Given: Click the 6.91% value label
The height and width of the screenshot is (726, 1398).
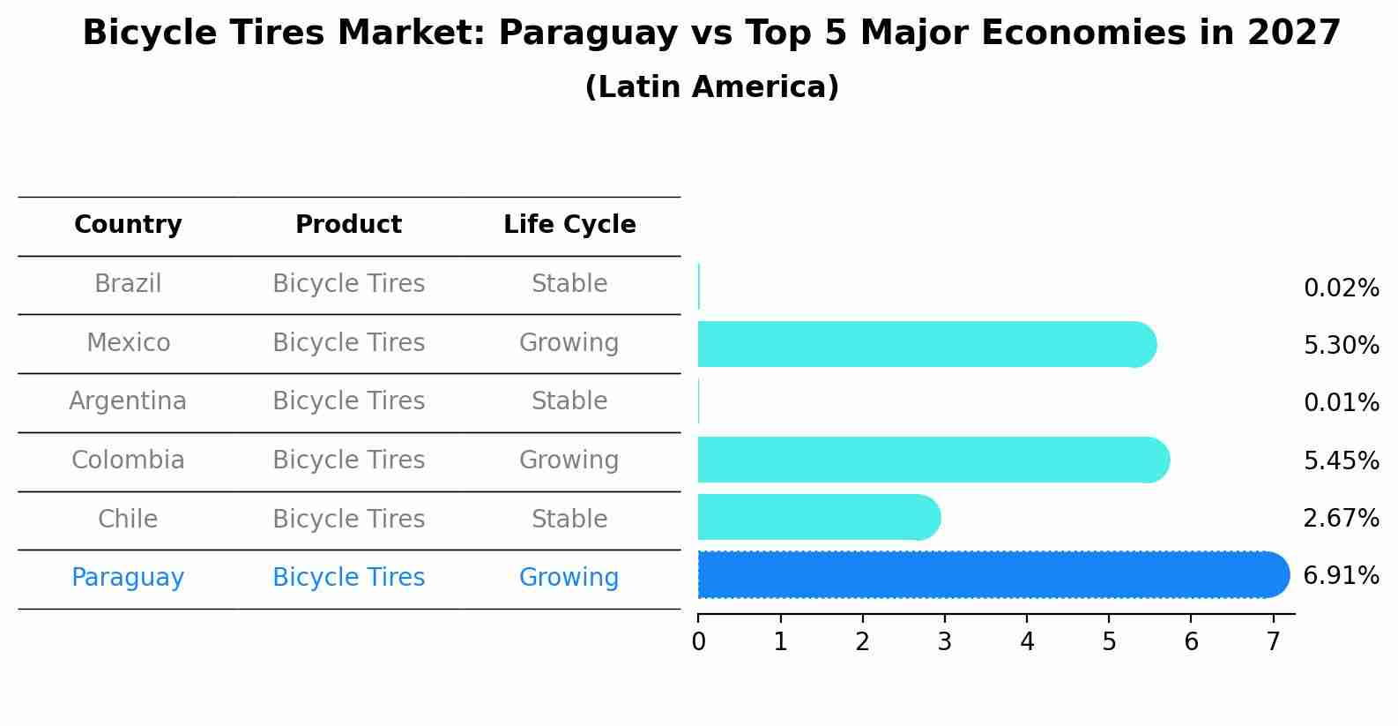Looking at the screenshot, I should pos(1341,576).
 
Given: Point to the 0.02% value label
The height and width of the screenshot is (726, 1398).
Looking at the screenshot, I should pos(1341,288).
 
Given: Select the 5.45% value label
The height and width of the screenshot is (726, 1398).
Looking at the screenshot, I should pos(1341,460).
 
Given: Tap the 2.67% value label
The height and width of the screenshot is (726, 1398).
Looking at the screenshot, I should pos(1341,518).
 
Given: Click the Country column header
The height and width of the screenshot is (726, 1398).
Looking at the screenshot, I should pos(128,225).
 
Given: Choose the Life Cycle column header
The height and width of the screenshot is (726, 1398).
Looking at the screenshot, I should pos(569,225).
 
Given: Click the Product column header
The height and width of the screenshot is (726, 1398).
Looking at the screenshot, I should pos(348,225).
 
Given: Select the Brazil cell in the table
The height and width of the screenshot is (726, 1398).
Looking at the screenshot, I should pos(128,284).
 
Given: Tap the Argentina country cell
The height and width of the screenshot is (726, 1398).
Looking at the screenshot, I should pos(128,401).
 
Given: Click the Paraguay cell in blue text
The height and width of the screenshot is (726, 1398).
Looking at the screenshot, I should pos(128,578).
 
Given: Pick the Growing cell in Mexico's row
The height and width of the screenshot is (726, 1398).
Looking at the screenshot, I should pos(569,342).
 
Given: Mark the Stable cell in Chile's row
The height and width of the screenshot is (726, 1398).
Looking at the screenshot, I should pos(569,519).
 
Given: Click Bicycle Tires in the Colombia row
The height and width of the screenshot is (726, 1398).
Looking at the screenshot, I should pos(348,460).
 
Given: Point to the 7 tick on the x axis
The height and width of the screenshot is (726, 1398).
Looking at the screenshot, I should pos(1273,642).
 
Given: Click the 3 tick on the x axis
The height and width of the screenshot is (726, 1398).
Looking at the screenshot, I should pos(945,642).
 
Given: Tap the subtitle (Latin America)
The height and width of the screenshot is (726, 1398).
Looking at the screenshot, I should pos(711,87).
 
